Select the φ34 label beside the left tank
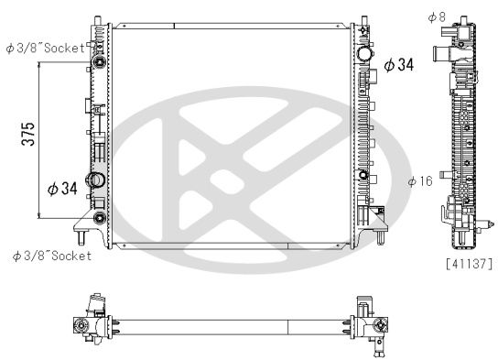point(61,189)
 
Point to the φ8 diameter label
point(436,16)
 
